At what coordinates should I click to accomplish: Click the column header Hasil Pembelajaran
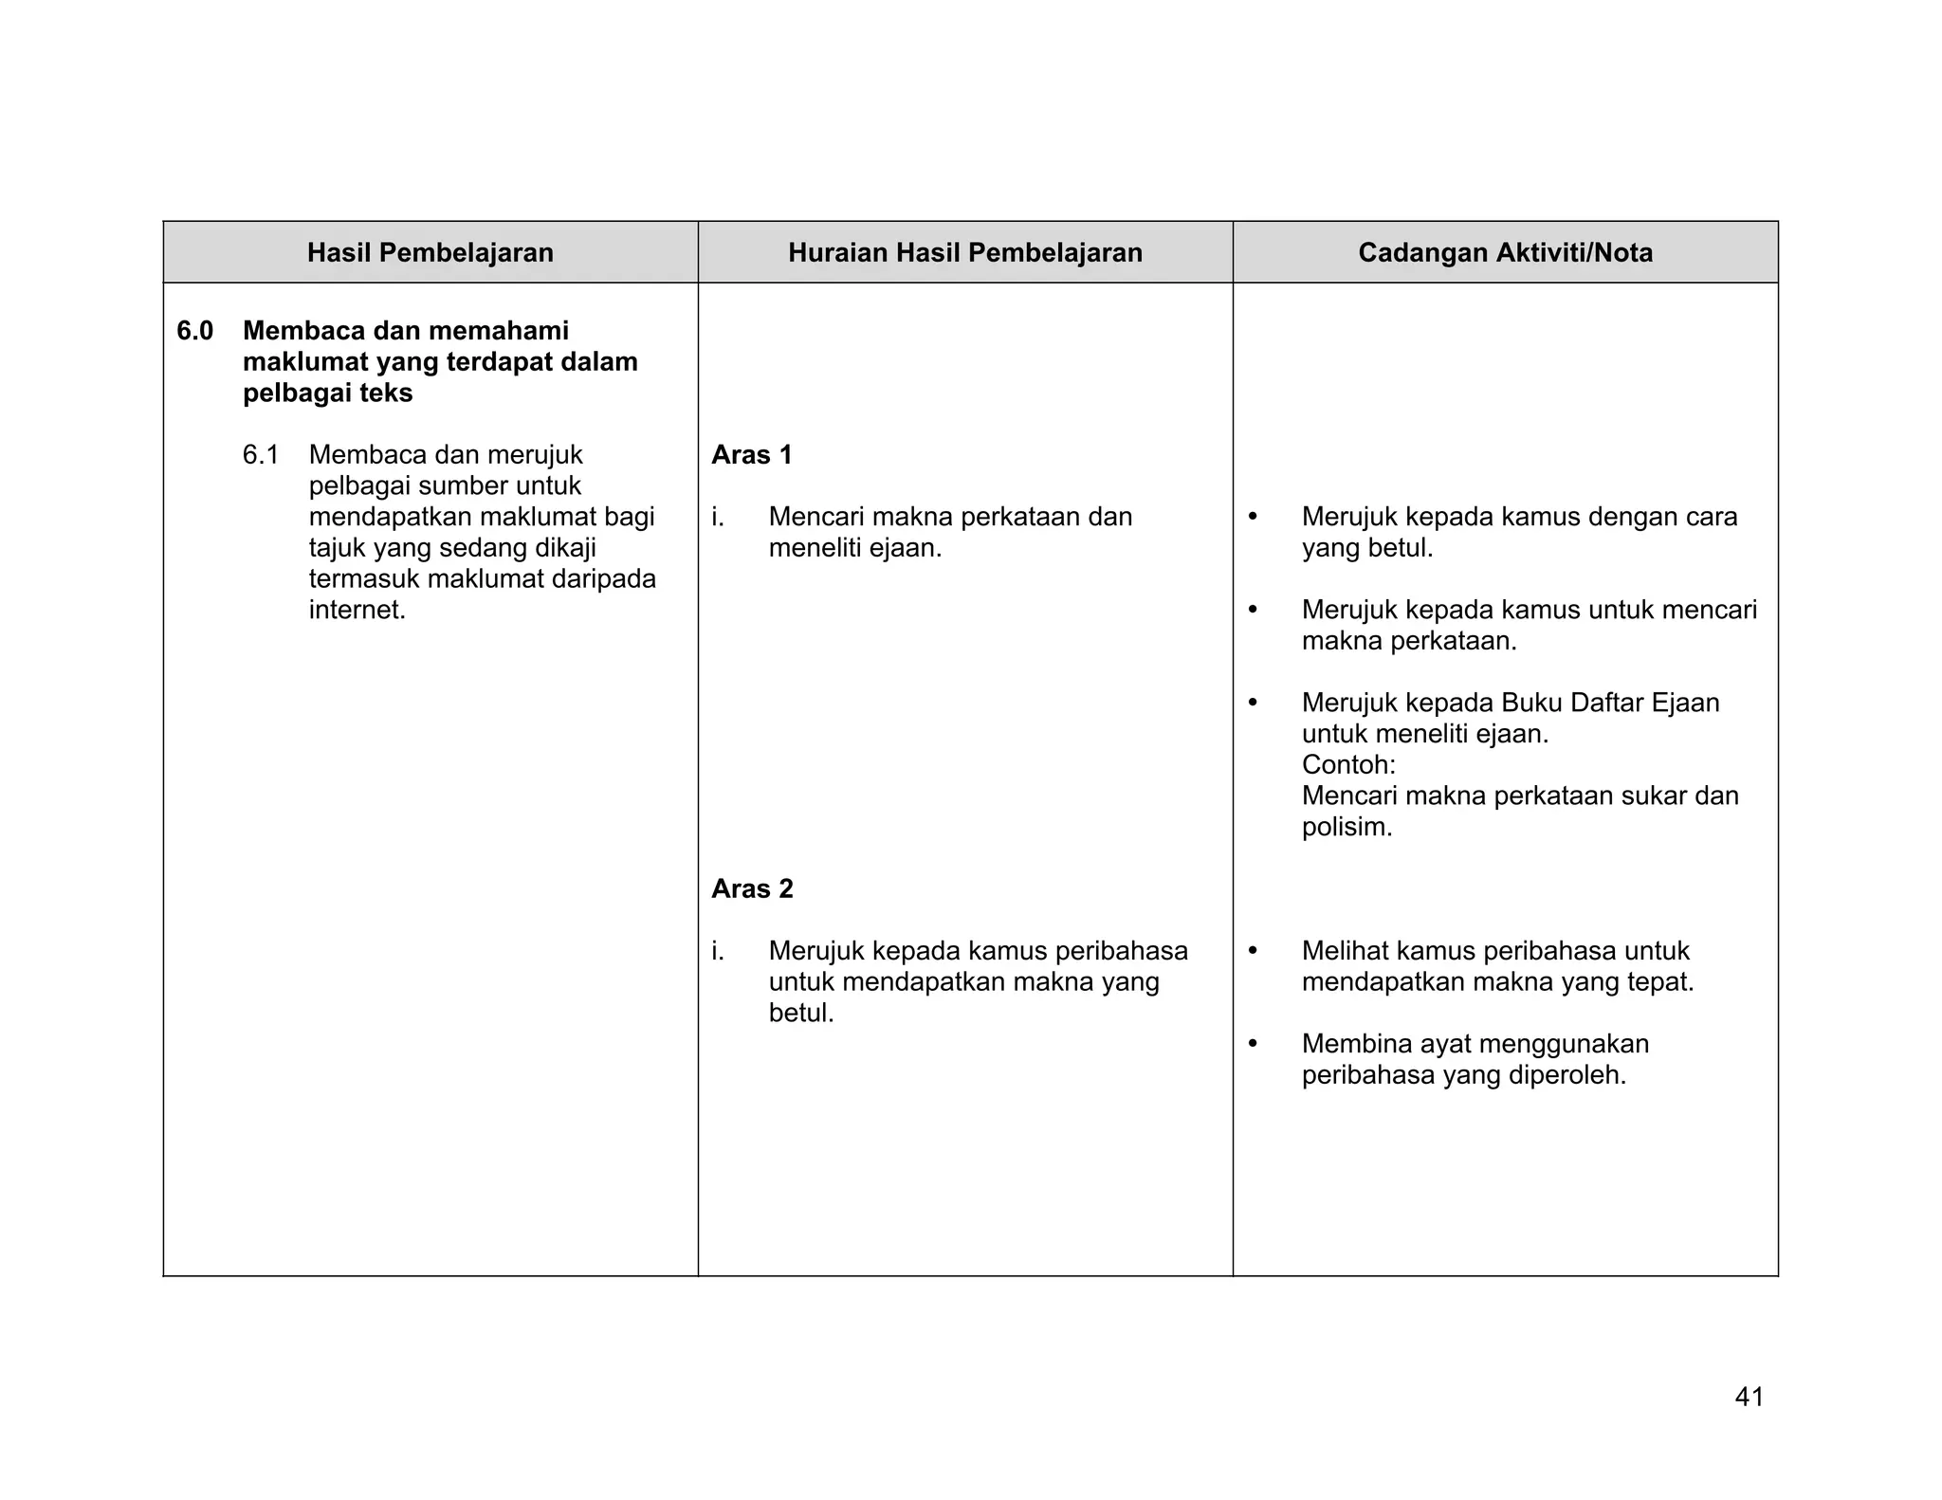pos(430,253)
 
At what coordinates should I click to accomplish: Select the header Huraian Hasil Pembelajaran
pos(964,253)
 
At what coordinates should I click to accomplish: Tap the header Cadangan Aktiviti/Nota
pos(1505,253)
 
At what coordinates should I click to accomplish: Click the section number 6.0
pos(194,331)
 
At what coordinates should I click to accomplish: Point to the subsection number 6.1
pos(260,455)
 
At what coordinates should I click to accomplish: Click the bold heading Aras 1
pos(751,455)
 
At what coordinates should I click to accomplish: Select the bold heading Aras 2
pos(752,889)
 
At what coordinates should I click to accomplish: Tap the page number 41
pos(1749,1397)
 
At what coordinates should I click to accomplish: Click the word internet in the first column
pos(357,610)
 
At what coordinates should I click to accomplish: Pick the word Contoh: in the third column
pos(1347,764)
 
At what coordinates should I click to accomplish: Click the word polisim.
pos(1347,827)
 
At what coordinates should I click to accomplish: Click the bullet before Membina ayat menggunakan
pos(1253,1044)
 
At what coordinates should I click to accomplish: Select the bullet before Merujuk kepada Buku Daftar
pos(1253,703)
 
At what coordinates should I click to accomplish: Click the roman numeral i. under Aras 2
pos(718,951)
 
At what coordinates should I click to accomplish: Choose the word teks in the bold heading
pos(386,393)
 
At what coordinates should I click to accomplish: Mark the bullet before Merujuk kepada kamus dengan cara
pos(1253,517)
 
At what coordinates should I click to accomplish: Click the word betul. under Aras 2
pos(801,1014)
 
